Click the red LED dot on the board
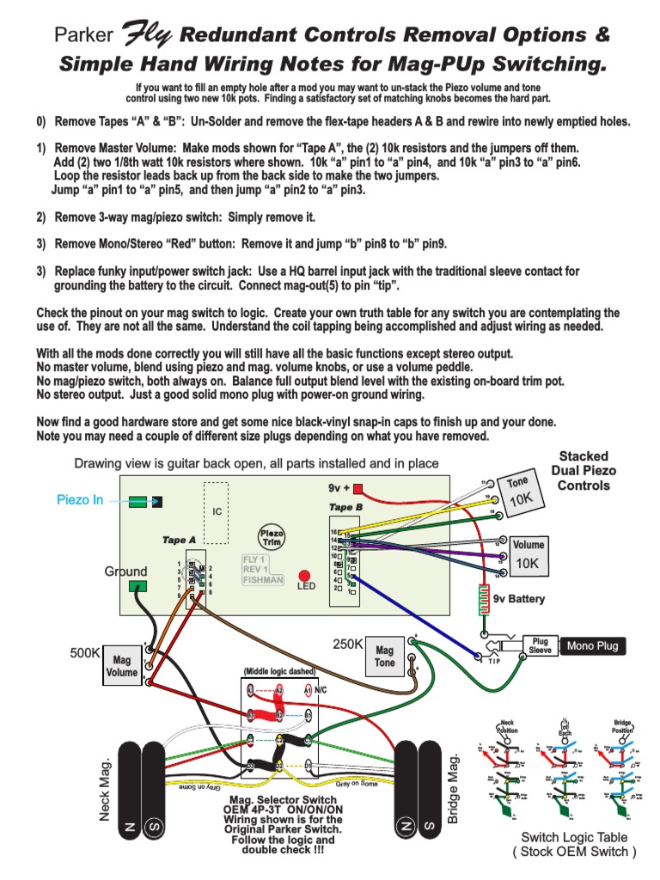point(304,575)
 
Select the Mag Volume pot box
point(122,667)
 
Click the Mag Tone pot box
point(385,657)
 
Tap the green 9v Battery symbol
point(485,599)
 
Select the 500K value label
point(87,653)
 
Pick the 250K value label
point(349,645)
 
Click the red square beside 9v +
point(358,490)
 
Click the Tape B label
point(346,507)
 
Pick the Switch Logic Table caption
point(574,844)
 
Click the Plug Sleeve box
point(540,646)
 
